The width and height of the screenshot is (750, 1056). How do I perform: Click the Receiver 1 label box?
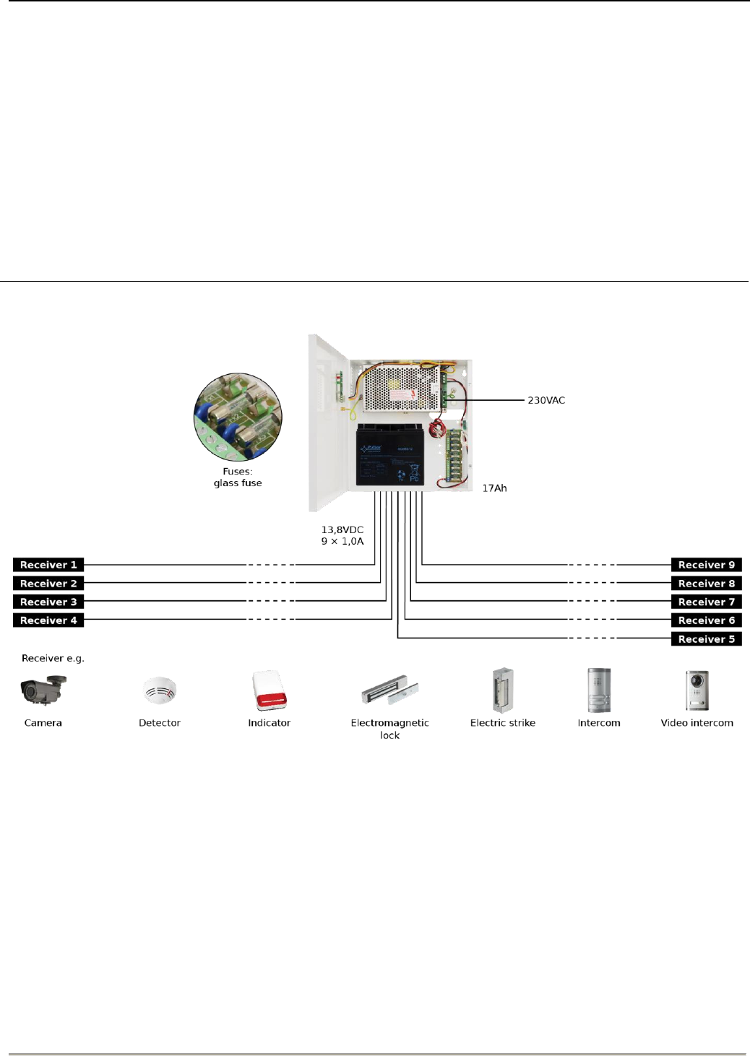[48, 565]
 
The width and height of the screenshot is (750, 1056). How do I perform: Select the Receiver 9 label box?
[706, 565]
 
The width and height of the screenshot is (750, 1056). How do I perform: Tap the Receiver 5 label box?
[706, 639]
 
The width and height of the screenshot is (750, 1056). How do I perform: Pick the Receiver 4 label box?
[48, 620]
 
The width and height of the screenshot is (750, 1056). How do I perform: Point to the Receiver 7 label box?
[706, 602]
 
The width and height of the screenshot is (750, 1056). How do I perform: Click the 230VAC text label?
[546, 400]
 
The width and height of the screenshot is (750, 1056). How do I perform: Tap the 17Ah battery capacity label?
[494, 488]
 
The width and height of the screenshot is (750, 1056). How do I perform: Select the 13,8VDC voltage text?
[342, 529]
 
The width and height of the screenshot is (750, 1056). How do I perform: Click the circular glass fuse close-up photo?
[238, 417]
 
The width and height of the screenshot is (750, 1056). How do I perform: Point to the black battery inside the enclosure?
[389, 455]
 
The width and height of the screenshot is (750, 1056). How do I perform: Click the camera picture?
[43, 690]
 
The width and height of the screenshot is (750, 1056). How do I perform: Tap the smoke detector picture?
[160, 691]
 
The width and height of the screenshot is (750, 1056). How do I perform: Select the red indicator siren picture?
[270, 691]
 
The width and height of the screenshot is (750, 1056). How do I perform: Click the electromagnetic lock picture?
[390, 691]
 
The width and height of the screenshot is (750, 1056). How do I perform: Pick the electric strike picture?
[503, 691]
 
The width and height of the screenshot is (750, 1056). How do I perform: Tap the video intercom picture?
[697, 691]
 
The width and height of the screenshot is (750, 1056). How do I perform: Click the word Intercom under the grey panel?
[599, 723]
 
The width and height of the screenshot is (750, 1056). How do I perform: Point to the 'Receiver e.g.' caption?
[53, 658]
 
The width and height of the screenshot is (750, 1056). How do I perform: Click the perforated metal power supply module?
[401, 389]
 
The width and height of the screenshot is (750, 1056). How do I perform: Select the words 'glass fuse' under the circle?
[238, 483]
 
